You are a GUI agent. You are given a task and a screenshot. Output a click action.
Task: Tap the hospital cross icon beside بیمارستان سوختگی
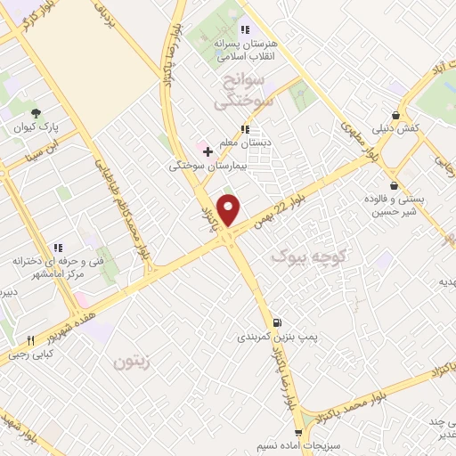click(208, 151)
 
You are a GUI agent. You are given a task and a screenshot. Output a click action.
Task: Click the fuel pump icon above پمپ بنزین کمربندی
click(278, 322)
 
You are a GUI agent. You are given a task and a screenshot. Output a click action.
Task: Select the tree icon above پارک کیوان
click(36, 113)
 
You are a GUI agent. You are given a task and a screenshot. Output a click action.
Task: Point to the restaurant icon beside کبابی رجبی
click(29, 340)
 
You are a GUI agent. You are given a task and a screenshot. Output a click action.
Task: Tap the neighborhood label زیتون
click(133, 362)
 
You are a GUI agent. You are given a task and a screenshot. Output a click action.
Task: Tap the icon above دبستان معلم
click(244, 129)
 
